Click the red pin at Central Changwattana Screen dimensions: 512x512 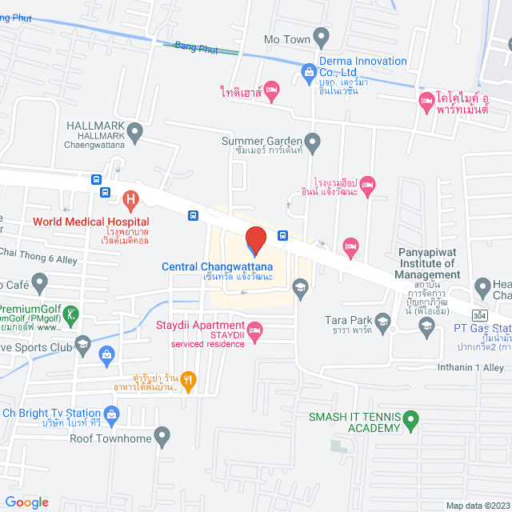click(x=256, y=240)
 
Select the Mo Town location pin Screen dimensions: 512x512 click(x=321, y=36)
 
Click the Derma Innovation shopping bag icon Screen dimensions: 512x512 click(x=309, y=73)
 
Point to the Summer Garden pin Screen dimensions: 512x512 click(x=313, y=142)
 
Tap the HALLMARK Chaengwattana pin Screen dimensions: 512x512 click(x=134, y=130)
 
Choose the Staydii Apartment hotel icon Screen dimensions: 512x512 click(x=255, y=330)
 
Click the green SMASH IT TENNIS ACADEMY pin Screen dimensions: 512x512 click(x=410, y=417)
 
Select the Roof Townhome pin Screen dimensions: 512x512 click(x=162, y=438)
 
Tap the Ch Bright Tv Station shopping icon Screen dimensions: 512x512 click(x=111, y=414)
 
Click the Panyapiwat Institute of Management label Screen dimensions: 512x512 click(x=429, y=263)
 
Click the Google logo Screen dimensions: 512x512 click(x=26, y=502)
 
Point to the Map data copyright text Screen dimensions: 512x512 click(x=478, y=506)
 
